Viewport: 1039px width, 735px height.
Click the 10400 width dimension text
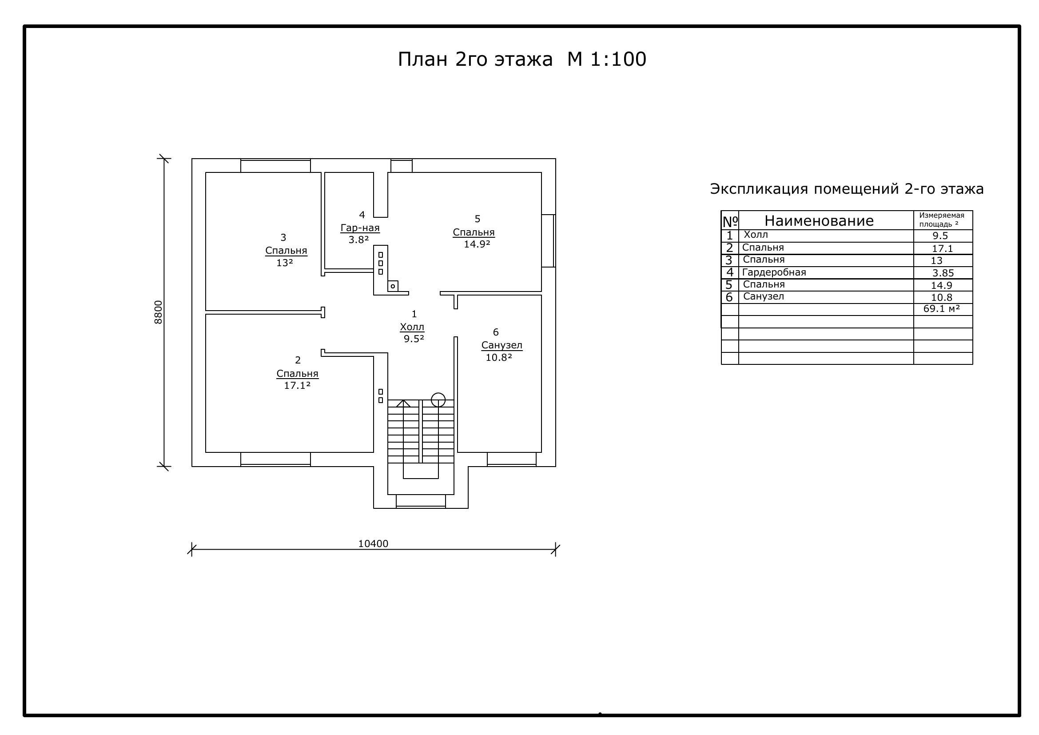(373, 543)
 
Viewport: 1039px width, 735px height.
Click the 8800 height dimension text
(158, 312)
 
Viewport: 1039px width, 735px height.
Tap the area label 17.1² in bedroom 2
(297, 385)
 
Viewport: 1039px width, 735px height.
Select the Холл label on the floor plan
(412, 327)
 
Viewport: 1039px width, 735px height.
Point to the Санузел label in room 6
(502, 345)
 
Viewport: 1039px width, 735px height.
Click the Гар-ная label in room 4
(360, 228)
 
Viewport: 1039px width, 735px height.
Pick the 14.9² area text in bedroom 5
(477, 244)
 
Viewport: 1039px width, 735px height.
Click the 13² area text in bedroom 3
(285, 263)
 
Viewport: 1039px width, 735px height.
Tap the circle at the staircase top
(438, 399)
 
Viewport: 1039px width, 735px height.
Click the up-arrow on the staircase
(403, 403)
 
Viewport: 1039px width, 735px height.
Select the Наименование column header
(819, 220)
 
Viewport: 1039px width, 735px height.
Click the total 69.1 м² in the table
(942, 309)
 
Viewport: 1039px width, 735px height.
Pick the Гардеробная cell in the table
(774, 272)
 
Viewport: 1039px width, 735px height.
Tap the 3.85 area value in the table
(943, 273)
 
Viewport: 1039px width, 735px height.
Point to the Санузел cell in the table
(764, 296)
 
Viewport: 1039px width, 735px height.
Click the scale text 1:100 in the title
(618, 59)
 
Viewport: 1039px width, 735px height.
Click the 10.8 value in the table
(942, 297)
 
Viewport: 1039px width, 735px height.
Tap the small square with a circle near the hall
(393, 286)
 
